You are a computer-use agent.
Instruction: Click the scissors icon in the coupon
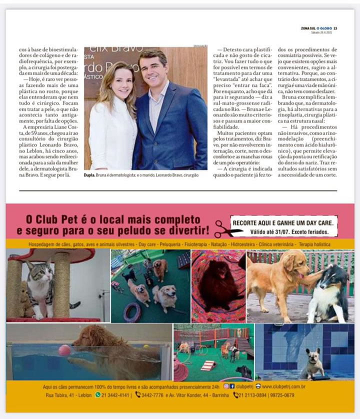pos(226,229)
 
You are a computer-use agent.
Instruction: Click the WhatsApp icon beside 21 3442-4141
pos(98,395)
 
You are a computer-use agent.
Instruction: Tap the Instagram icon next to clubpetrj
pos(226,386)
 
